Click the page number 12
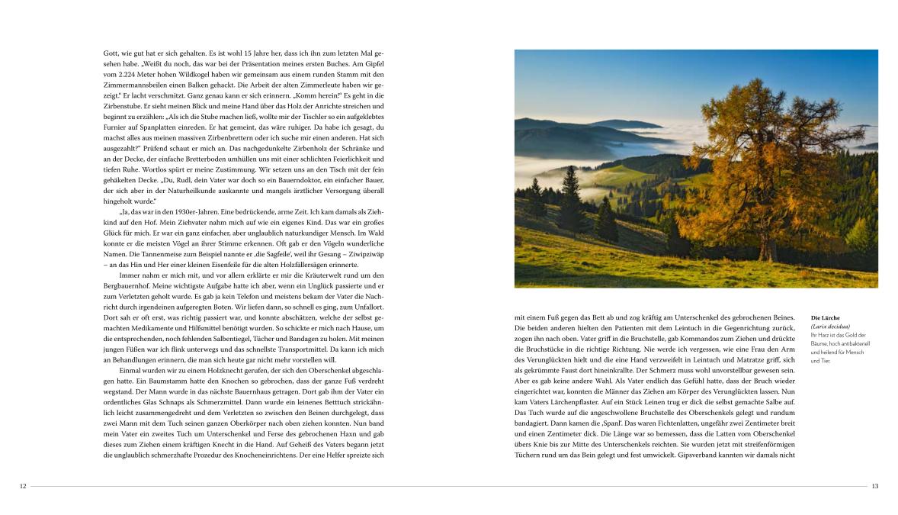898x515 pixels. coord(23,486)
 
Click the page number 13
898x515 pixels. coord(874,486)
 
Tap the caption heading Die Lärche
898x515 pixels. coord(825,317)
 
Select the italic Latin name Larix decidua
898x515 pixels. coord(829,327)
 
